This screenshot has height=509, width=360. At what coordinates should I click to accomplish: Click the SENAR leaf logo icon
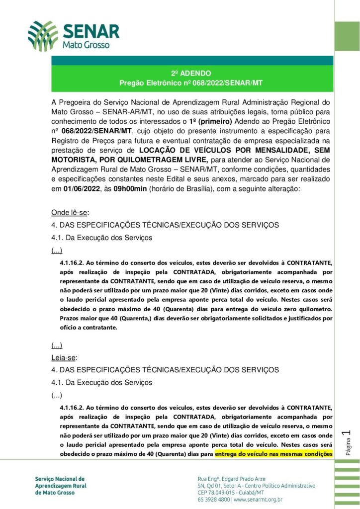click(x=43, y=36)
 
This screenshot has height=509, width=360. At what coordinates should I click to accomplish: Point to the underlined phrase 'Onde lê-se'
click(x=69, y=213)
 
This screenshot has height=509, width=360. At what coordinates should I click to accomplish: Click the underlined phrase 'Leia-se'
click(x=64, y=357)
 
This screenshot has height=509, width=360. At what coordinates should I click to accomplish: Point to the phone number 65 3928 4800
click(x=214, y=500)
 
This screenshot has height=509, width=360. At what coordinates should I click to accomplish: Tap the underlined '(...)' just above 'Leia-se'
click(x=57, y=345)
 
